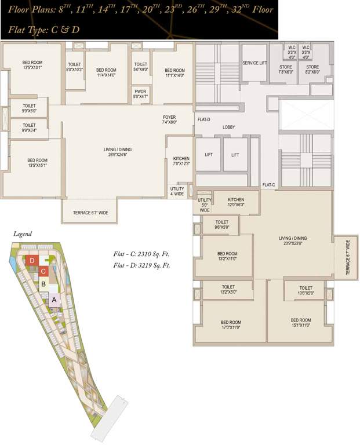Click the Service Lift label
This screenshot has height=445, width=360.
(x=254, y=63)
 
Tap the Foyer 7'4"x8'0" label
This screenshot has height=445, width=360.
(x=169, y=120)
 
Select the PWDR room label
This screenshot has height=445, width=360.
(x=140, y=94)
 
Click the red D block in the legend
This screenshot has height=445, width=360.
(x=32, y=261)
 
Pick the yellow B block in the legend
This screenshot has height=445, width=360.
(x=43, y=284)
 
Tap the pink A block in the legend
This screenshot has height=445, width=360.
(x=54, y=300)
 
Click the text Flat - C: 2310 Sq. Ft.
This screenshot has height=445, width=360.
(x=141, y=254)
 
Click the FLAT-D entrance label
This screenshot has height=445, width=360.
(x=203, y=120)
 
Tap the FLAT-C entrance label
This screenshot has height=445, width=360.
(x=268, y=185)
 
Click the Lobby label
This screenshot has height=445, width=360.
(x=228, y=127)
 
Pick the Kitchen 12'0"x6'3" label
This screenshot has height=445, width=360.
(x=228, y=202)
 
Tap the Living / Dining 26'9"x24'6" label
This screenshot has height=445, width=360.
(x=114, y=152)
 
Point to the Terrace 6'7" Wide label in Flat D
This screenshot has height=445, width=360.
(x=90, y=213)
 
